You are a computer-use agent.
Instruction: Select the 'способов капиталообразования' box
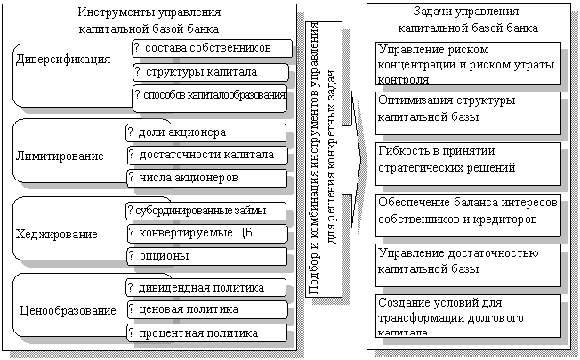(x=210, y=95)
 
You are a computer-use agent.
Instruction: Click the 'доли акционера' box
(x=206, y=133)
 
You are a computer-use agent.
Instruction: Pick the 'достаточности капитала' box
(x=206, y=156)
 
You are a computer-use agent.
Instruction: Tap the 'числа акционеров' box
(x=206, y=178)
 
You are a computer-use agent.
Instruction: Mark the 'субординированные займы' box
(x=206, y=212)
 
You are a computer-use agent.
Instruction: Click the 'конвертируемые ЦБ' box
(x=206, y=234)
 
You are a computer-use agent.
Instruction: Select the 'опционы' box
(x=206, y=256)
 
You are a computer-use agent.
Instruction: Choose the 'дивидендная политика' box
(x=206, y=289)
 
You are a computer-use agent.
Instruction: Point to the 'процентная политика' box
(x=206, y=333)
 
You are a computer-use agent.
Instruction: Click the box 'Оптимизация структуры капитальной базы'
(x=468, y=108)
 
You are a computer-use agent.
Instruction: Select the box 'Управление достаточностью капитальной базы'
(x=468, y=261)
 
